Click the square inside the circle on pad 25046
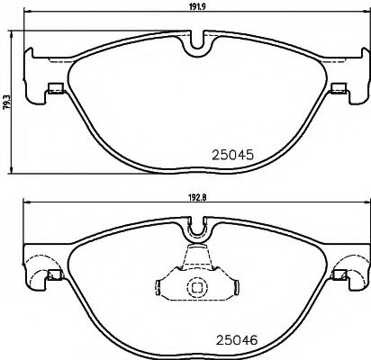(x=195, y=287)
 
